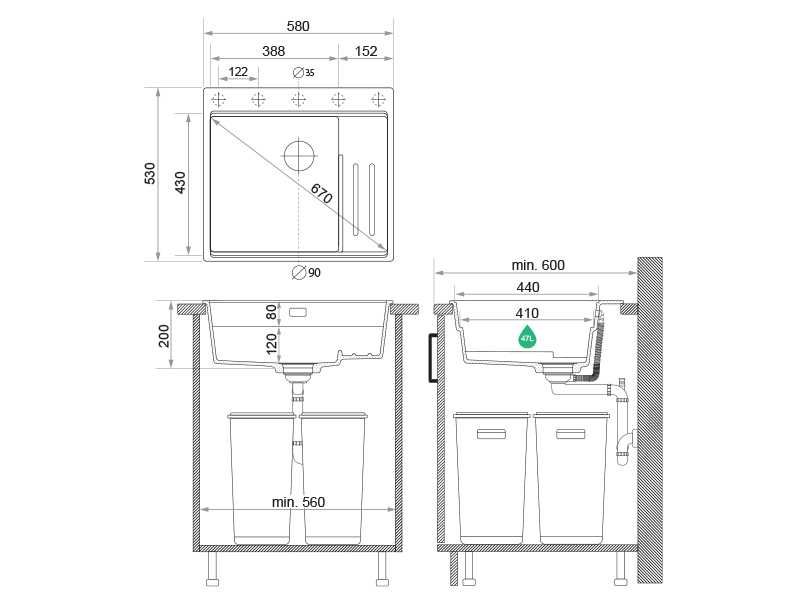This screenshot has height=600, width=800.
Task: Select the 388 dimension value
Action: (x=273, y=51)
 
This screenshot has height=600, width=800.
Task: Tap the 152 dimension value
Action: (x=366, y=51)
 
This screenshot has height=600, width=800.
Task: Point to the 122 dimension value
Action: (x=238, y=72)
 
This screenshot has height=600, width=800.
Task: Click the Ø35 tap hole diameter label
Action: (x=304, y=72)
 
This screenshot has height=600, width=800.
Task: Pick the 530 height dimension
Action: (x=150, y=173)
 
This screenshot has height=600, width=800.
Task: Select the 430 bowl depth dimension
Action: (x=180, y=182)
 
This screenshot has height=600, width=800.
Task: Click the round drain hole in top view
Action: (x=299, y=156)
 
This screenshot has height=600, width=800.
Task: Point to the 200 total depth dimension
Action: (x=166, y=336)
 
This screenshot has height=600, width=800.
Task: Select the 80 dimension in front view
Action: (x=271, y=311)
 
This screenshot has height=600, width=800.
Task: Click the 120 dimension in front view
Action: (x=271, y=346)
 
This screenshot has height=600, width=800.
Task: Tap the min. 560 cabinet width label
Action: (x=299, y=502)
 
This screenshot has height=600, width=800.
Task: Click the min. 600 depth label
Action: (x=538, y=265)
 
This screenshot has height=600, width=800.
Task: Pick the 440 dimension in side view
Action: (x=528, y=287)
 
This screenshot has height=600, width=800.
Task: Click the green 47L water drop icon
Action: (x=527, y=337)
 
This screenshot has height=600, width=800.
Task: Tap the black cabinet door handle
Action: (x=431, y=358)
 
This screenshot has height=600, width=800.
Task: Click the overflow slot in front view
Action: (x=299, y=312)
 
